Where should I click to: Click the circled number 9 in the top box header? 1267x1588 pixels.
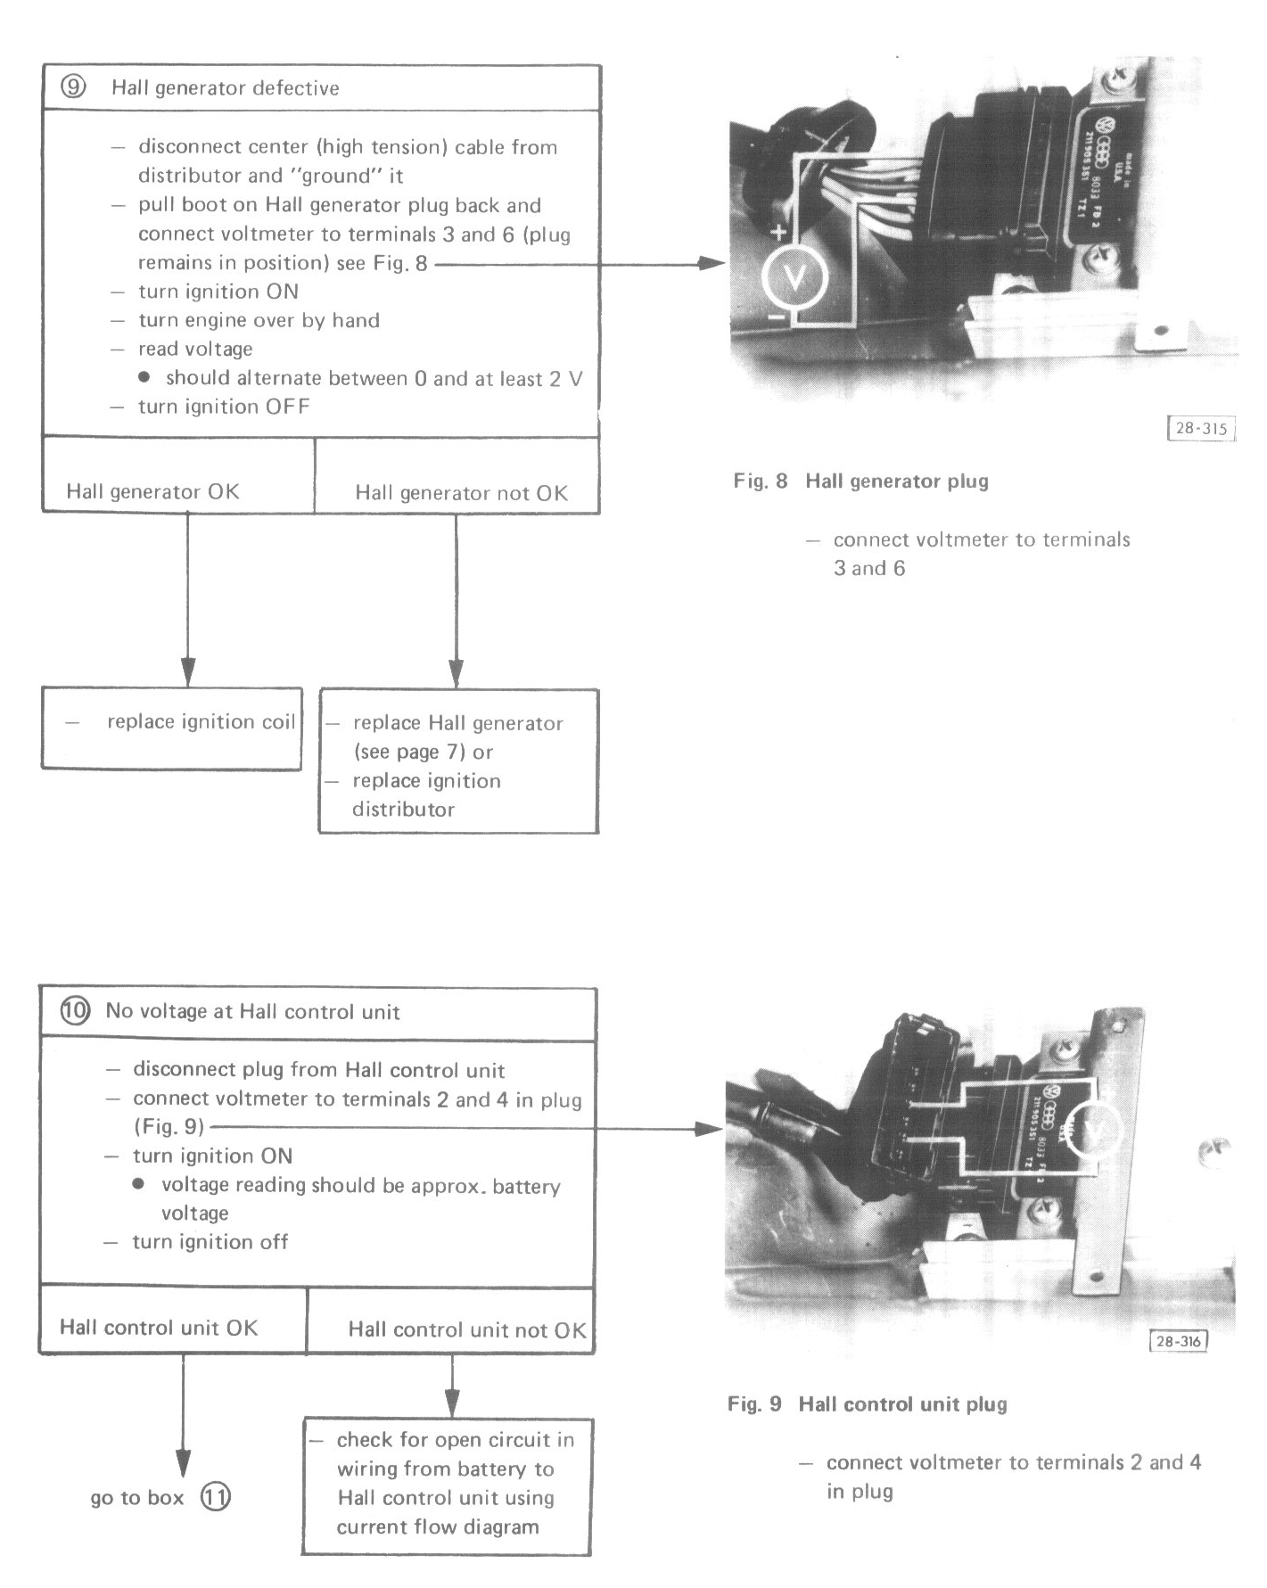tap(73, 87)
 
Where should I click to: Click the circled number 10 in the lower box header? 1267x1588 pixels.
tap(75, 1011)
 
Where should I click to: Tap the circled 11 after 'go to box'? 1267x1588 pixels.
tap(215, 1496)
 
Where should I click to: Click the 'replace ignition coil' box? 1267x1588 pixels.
tap(171, 728)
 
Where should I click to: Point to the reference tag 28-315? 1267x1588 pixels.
tap(1201, 428)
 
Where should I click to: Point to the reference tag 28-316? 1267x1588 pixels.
tap(1178, 1340)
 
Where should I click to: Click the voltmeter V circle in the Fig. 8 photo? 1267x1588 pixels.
tap(794, 278)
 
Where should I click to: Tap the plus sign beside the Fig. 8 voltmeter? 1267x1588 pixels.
tap(778, 234)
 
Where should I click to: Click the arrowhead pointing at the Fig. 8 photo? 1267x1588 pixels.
tap(712, 263)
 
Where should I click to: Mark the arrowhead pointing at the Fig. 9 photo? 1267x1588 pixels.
tap(709, 1129)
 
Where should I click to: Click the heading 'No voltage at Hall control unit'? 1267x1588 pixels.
tap(252, 1011)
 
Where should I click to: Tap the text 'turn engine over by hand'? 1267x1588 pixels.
tap(259, 320)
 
